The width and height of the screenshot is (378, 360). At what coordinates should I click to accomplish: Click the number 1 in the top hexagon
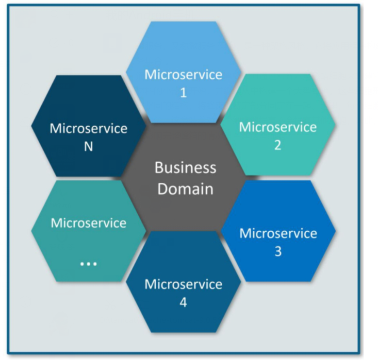[183, 93]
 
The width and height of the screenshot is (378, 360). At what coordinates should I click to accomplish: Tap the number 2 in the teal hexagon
[277, 146]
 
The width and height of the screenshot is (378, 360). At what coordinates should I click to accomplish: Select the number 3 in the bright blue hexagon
[277, 252]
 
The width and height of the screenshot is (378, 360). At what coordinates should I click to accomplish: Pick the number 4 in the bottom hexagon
[183, 303]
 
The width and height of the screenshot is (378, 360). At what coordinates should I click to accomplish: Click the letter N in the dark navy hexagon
[88, 147]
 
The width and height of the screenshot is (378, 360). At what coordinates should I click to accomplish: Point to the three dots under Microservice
[88, 263]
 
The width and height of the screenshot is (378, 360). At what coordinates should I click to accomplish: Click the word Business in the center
[185, 168]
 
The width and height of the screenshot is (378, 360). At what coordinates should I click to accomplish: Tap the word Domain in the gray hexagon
[185, 189]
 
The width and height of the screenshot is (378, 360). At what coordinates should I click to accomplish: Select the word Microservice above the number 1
[183, 75]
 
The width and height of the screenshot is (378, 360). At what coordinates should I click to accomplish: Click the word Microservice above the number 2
[277, 127]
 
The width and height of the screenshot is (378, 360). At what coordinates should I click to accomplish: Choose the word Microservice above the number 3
[277, 233]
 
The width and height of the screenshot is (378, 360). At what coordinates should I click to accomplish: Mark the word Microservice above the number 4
[183, 284]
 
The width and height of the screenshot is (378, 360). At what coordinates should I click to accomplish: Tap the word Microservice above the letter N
[88, 128]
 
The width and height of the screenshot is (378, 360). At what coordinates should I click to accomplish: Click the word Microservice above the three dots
[88, 223]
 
